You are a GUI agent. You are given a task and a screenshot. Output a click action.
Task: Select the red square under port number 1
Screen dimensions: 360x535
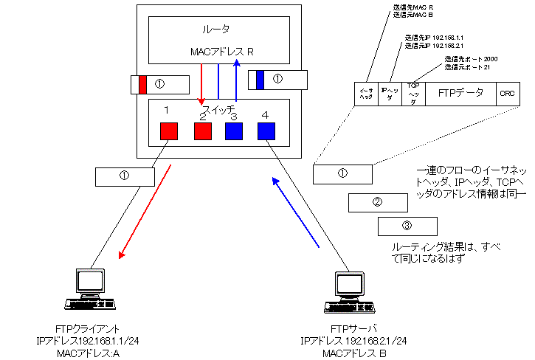point(170,131)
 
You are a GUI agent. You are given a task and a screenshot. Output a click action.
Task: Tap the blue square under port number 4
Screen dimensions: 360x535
point(266,131)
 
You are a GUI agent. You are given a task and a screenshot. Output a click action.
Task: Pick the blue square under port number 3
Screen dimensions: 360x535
point(234,131)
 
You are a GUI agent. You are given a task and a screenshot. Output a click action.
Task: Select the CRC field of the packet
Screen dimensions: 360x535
point(506,94)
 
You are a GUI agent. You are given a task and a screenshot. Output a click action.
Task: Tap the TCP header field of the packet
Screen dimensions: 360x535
point(414,94)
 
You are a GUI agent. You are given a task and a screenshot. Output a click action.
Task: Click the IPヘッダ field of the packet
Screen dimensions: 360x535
point(390,94)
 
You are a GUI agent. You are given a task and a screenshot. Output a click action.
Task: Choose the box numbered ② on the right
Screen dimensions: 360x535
point(377,202)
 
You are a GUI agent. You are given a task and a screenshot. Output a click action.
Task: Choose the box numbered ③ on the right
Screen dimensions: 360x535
point(407,226)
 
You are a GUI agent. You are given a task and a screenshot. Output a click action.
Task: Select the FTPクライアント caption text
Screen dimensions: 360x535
point(89,329)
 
